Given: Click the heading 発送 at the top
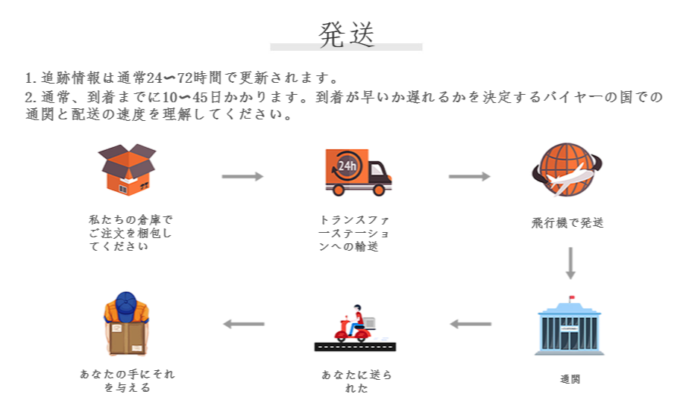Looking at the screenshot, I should coord(346,34).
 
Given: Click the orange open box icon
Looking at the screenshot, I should coord(128,169).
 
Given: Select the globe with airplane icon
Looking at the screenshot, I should coord(567,169).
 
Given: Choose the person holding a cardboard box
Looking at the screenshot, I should coord(126,325).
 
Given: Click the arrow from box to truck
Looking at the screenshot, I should coord(242,176).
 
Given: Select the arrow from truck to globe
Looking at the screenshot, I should coord(469,176).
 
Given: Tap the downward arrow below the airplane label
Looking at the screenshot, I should coord(570,263).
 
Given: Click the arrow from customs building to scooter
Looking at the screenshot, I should coord(470,324).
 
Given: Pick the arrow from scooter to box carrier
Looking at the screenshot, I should coord(244,324).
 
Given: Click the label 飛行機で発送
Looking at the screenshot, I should coord(567,222).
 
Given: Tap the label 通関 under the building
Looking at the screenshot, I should coord(570,379).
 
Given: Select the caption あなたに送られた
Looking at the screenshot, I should coord(356,381).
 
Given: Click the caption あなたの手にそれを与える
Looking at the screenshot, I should coord(128,381).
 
